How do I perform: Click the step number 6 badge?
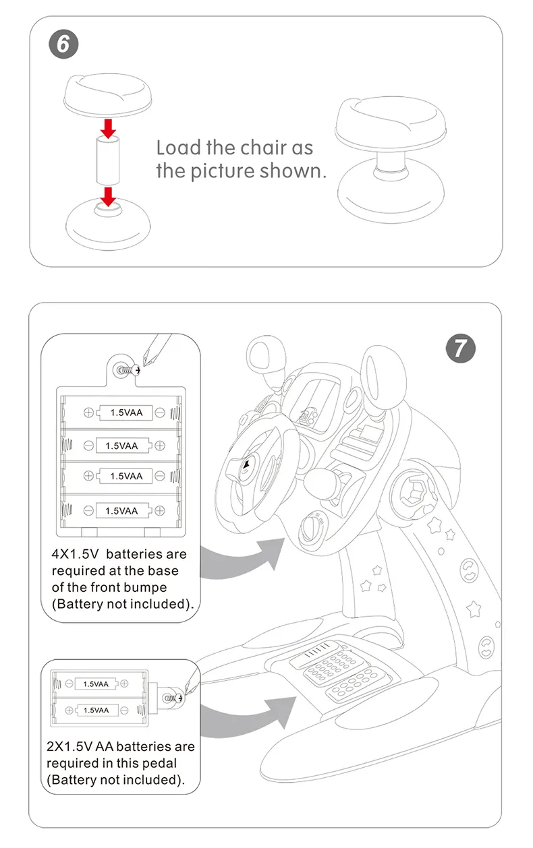coord(63,44)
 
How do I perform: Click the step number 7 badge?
coord(460,348)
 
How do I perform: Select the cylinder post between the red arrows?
coord(107,160)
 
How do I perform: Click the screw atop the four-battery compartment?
coord(125,369)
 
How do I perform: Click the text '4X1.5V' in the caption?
coord(76,555)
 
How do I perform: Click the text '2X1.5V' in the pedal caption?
coord(70,747)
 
